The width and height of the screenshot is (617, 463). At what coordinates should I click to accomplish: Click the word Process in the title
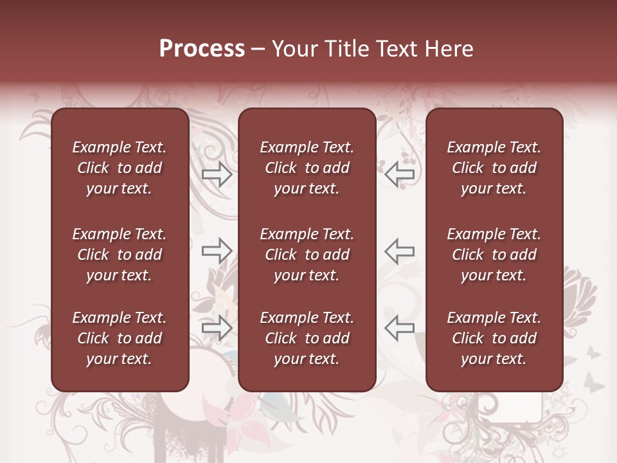(202, 49)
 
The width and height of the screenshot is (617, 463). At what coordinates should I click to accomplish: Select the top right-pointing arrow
(217, 174)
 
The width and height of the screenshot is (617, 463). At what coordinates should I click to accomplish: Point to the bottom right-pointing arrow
(217, 328)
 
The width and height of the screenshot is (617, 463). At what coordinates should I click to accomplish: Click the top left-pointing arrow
(399, 174)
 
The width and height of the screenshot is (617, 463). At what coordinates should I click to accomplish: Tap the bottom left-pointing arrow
(399, 328)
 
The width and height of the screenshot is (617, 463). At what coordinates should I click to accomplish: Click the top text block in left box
(120, 168)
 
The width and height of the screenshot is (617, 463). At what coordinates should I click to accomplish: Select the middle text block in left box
(120, 255)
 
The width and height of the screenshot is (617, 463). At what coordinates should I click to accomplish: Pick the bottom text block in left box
(120, 338)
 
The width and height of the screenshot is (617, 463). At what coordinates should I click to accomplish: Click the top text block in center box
(307, 168)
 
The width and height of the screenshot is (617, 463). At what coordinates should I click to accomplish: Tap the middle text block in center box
(307, 255)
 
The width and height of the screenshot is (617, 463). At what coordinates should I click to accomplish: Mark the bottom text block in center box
(307, 338)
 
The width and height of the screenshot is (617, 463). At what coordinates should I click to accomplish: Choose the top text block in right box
(494, 168)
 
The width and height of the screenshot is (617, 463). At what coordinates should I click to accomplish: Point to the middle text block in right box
(494, 255)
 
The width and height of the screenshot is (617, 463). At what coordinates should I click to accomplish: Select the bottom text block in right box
(494, 338)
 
